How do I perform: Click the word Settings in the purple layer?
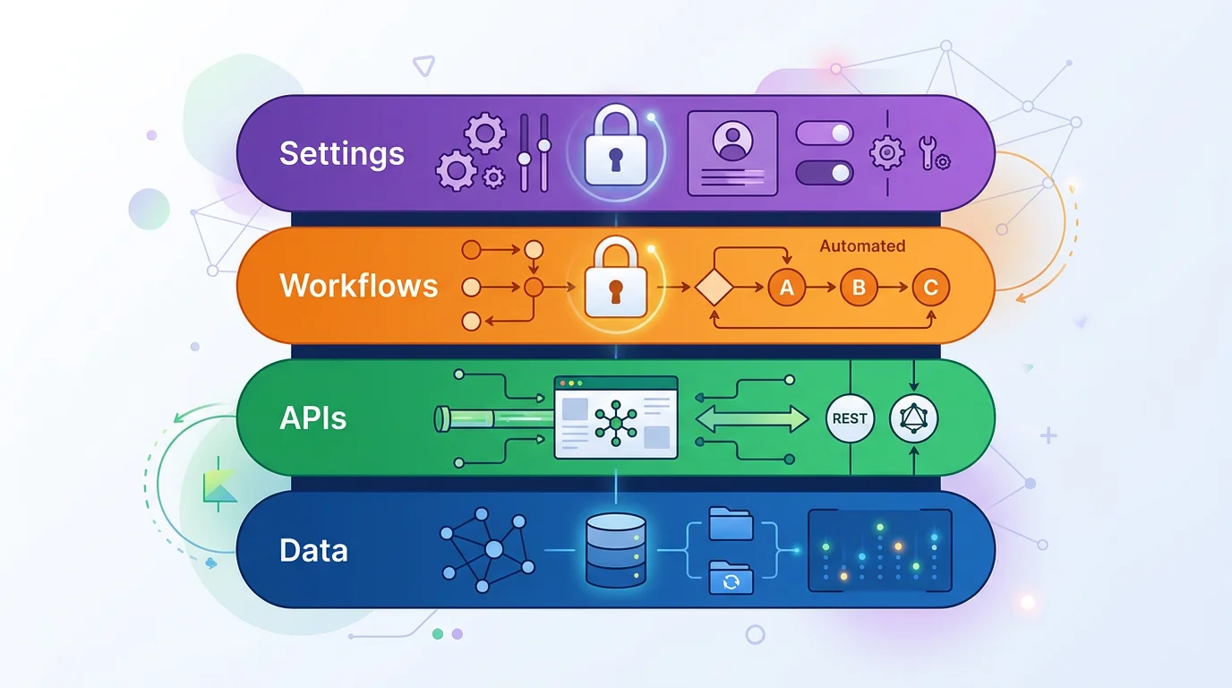pyautogui.click(x=342, y=153)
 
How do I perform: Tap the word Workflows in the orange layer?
pyautogui.click(x=359, y=286)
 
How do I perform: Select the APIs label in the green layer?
pyautogui.click(x=312, y=417)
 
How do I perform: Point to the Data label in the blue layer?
pyautogui.click(x=313, y=549)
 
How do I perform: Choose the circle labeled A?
pyautogui.click(x=787, y=288)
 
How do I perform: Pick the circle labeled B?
pyautogui.click(x=859, y=288)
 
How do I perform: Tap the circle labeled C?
pyautogui.click(x=930, y=288)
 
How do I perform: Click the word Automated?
pyautogui.click(x=862, y=245)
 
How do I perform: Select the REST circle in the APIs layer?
pyautogui.click(x=849, y=418)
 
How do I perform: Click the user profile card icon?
pyautogui.click(x=732, y=152)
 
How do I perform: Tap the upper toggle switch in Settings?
pyautogui.click(x=825, y=134)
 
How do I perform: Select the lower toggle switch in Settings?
pyautogui.click(x=825, y=172)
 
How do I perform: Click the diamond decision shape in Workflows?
pyautogui.click(x=714, y=288)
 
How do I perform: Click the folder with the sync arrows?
pyautogui.click(x=731, y=579)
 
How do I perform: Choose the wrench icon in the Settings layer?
pyautogui.click(x=930, y=153)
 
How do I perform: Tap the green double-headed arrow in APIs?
pyautogui.click(x=751, y=418)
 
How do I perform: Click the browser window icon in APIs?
pyautogui.click(x=616, y=417)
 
